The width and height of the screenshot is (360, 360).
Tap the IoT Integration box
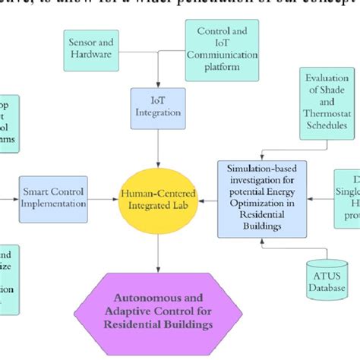157,106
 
